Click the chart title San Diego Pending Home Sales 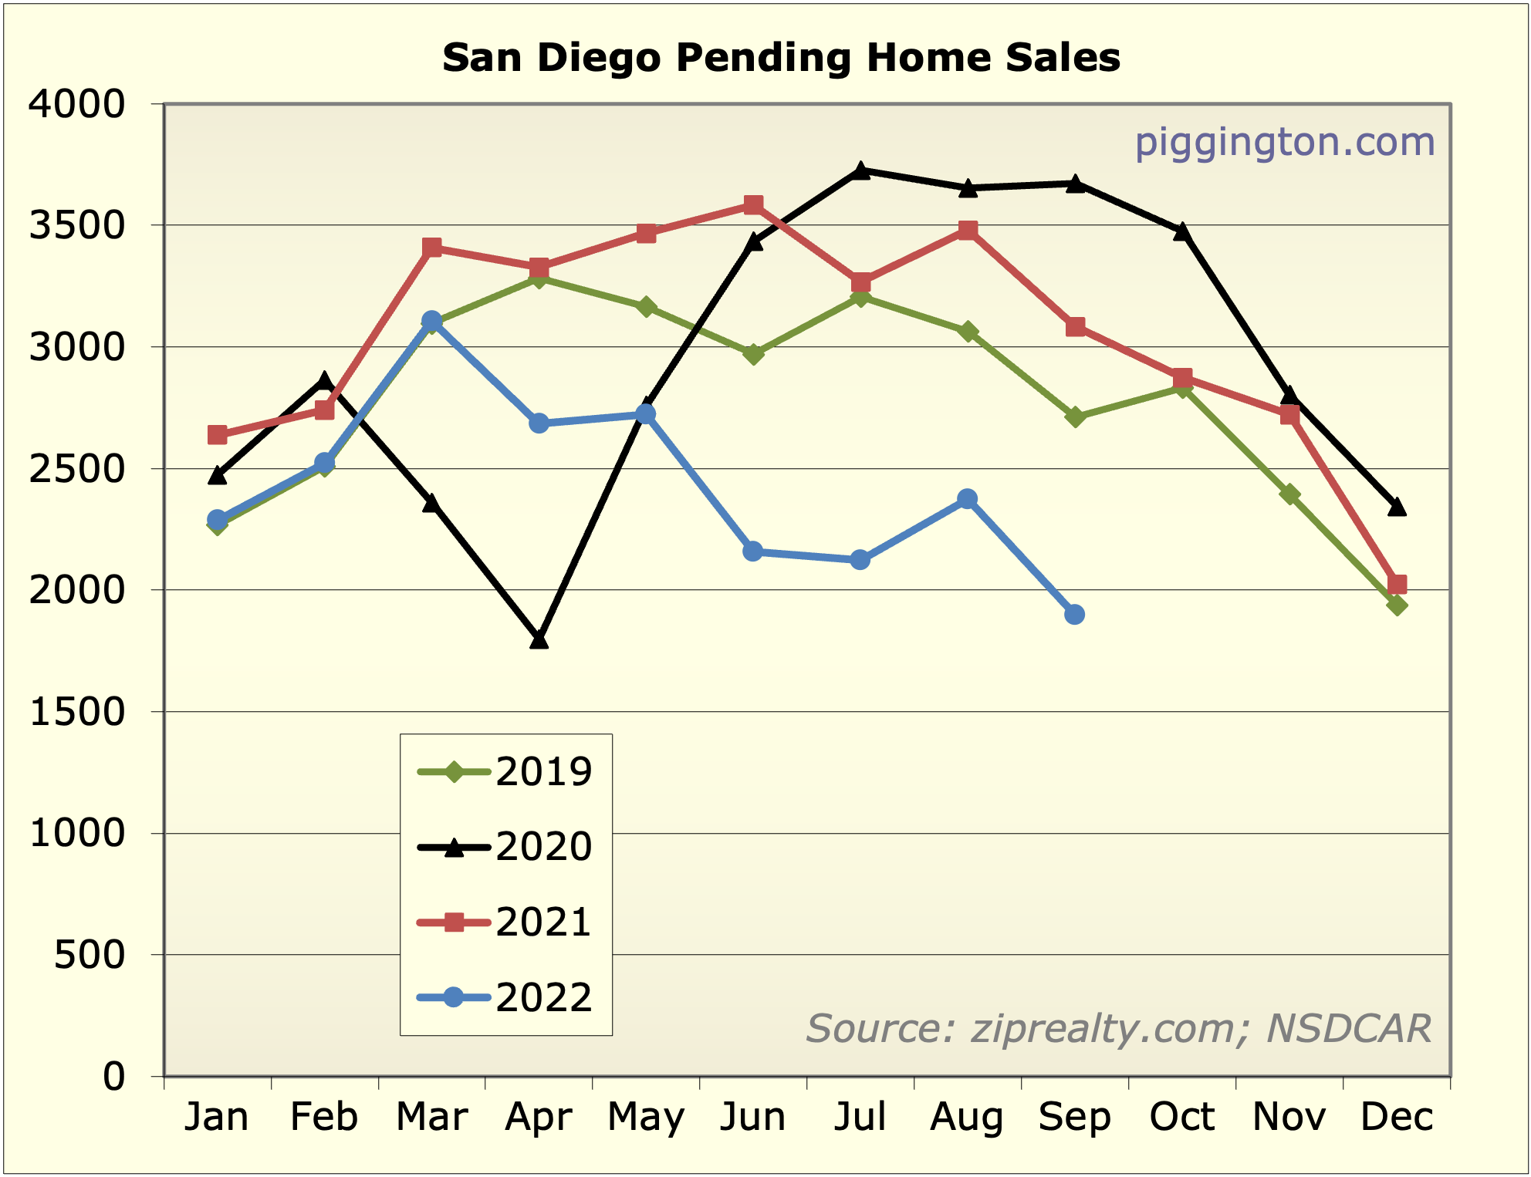pos(781,58)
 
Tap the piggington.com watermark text pos(1284,143)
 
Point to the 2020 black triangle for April pos(539,639)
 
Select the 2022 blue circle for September pos(1074,615)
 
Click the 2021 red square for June pos(753,204)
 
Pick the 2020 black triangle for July pos(860,170)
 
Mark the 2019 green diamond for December pos(1396,605)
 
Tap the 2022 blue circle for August pos(967,499)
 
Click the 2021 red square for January pos(218,435)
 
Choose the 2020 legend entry pos(505,847)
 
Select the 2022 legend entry pos(505,998)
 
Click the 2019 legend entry pos(505,771)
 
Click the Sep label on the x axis pos(1074,1117)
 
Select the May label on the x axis pos(646,1117)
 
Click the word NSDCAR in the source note pos(1349,1029)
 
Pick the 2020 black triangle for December pos(1396,507)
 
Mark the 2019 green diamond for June pos(753,354)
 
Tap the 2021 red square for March pos(431,248)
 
